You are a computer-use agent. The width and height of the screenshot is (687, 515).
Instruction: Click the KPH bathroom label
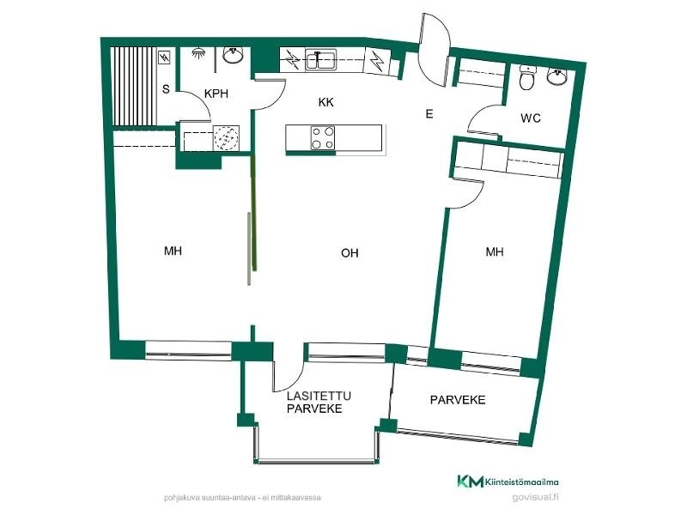(216, 94)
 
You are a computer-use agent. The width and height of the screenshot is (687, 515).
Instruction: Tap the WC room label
(531, 118)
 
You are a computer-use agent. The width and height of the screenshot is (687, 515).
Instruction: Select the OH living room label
(350, 252)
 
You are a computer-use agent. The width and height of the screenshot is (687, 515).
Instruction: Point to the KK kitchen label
(326, 102)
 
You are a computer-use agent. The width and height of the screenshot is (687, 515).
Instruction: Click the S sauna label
(166, 89)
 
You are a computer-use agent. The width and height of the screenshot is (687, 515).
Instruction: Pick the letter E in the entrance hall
(429, 114)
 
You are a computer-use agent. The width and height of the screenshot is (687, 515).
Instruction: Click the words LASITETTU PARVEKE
(319, 403)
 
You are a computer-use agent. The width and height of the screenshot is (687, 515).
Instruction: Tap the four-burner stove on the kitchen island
(323, 138)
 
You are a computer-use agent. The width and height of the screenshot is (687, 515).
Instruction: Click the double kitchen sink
(320, 60)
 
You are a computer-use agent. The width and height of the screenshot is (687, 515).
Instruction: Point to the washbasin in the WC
(556, 76)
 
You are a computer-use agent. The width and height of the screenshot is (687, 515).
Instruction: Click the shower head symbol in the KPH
(199, 53)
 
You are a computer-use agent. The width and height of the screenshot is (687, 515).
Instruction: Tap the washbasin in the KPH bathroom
(234, 55)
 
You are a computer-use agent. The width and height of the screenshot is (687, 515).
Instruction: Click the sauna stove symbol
(165, 57)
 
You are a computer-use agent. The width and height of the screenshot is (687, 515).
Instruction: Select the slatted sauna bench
(133, 87)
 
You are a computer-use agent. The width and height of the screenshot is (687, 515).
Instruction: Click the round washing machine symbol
(226, 137)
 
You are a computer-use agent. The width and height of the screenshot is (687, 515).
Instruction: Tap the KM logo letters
(470, 482)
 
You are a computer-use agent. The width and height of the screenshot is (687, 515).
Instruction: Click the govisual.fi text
(535, 497)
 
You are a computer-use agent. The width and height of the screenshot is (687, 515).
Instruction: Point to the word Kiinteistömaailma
(522, 482)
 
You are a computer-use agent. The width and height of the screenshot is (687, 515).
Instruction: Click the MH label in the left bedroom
(173, 251)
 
